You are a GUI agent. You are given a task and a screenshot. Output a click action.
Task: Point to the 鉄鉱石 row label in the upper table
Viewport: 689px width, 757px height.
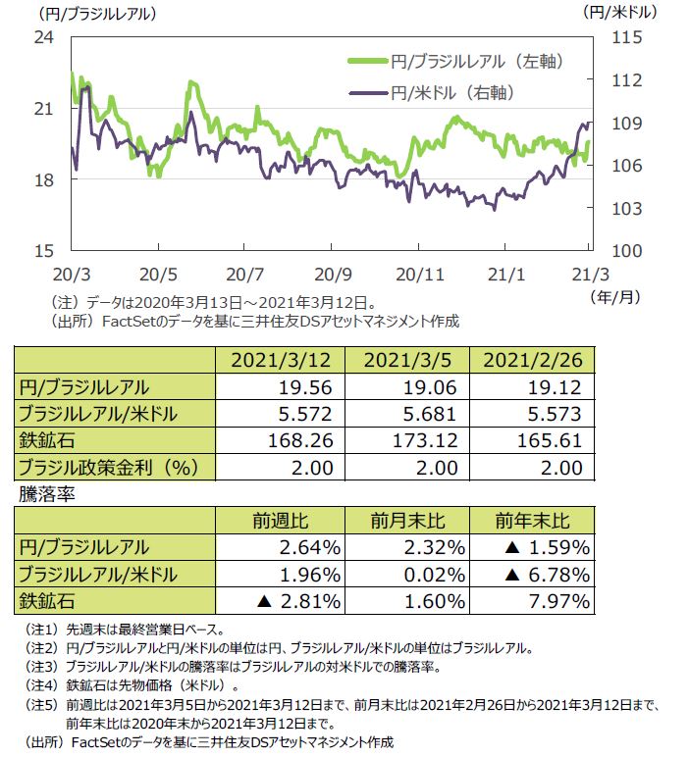48,440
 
